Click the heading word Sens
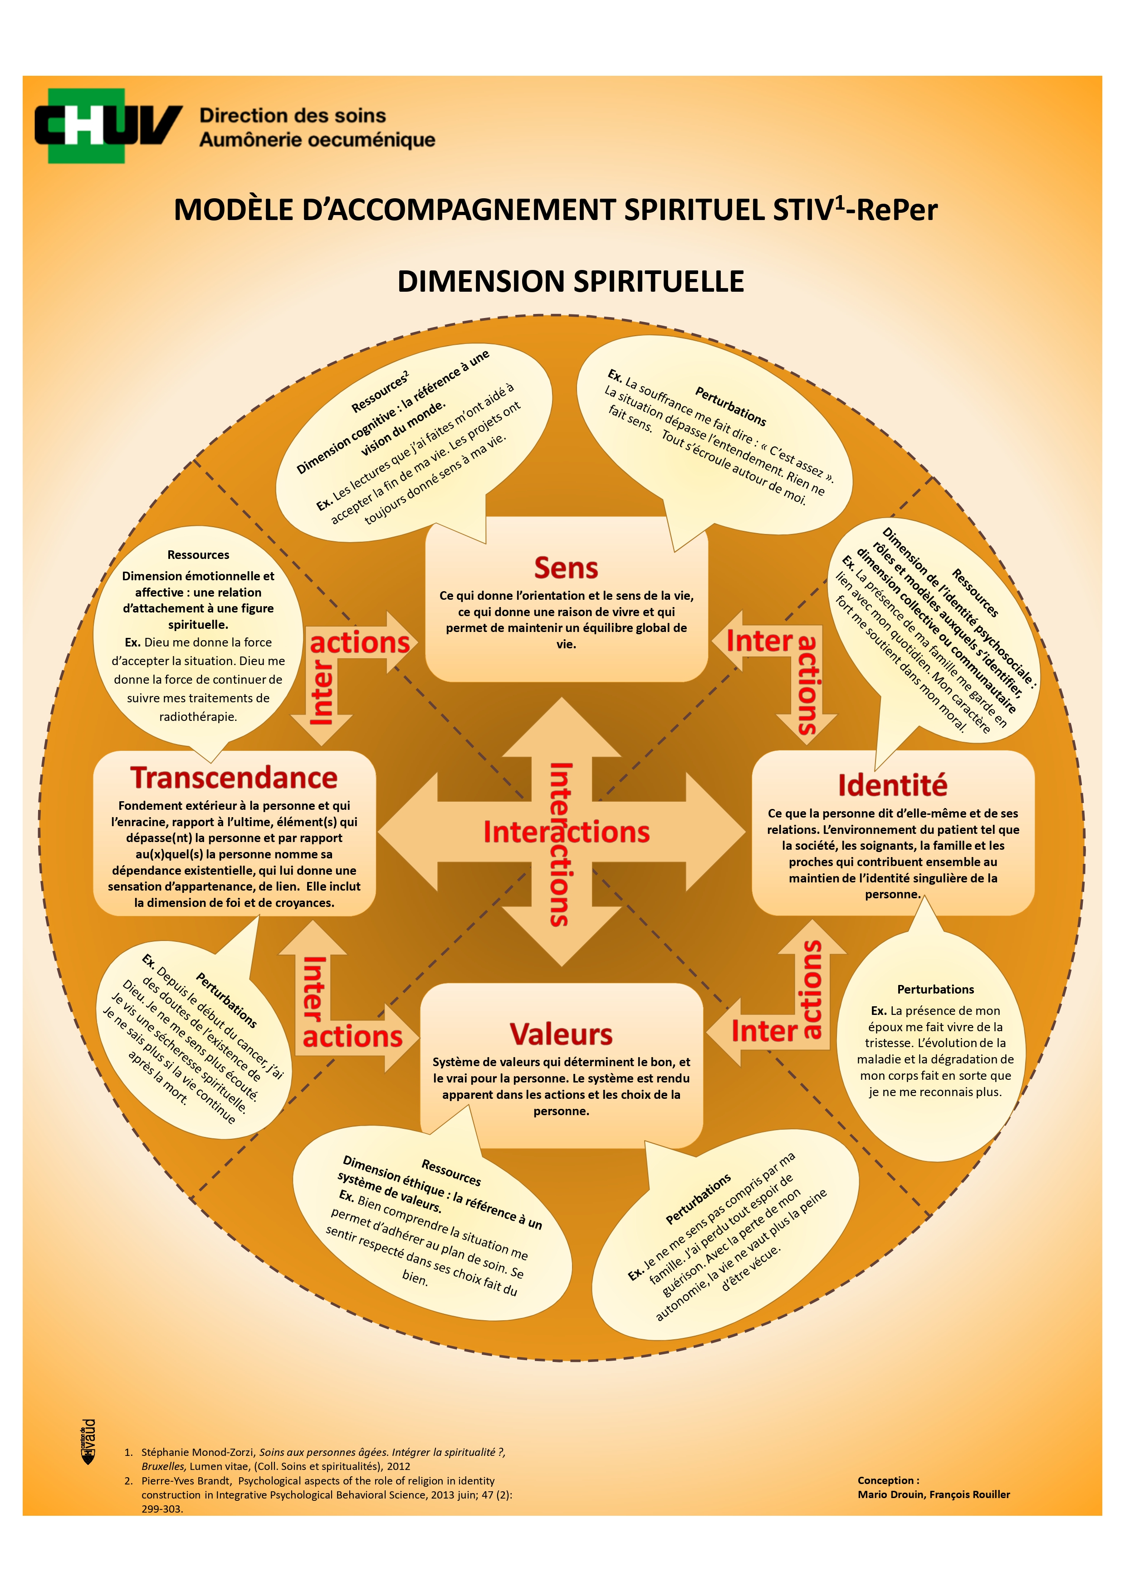point(566,568)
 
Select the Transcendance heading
point(234,778)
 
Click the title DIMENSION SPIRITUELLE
point(571,281)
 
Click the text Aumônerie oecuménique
point(317,140)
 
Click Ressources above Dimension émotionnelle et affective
point(198,555)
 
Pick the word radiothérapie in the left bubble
point(198,717)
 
